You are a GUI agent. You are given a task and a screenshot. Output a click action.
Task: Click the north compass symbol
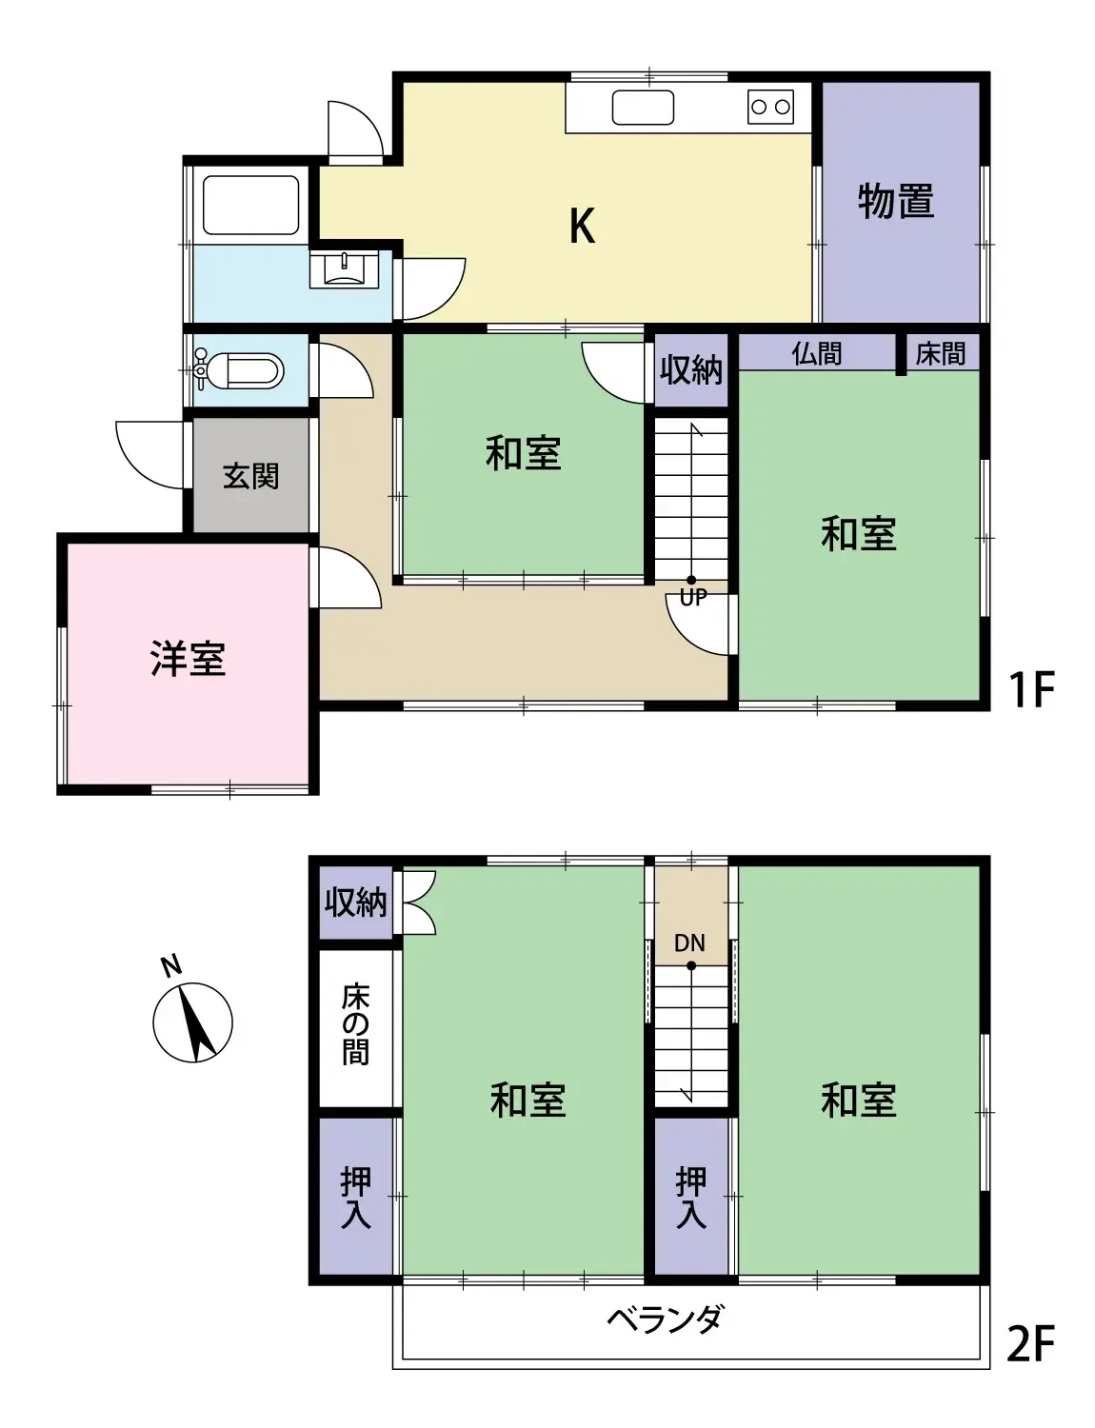(192, 1021)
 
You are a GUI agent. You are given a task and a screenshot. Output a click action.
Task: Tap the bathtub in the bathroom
(250, 205)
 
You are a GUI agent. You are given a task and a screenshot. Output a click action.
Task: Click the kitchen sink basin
(643, 108)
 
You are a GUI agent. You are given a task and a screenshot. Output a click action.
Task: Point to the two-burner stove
(770, 107)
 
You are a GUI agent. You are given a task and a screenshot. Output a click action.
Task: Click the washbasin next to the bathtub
(343, 269)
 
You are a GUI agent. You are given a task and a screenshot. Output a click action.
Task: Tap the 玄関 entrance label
(250, 476)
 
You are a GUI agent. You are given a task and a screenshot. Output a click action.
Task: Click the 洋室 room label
(188, 659)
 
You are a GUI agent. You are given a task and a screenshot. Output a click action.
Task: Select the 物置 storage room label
(895, 201)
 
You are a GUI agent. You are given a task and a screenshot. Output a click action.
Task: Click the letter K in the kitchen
(582, 227)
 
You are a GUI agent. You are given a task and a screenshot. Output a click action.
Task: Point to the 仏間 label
(816, 353)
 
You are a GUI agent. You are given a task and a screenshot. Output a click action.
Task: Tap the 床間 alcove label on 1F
(940, 353)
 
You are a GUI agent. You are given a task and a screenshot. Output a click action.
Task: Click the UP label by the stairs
(692, 597)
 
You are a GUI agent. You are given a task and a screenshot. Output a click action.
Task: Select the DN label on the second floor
(689, 942)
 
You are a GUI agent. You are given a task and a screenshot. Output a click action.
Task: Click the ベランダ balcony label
(665, 1319)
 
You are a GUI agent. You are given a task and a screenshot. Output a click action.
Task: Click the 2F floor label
(1030, 1344)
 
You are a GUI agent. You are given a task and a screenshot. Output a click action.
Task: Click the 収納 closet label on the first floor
(691, 369)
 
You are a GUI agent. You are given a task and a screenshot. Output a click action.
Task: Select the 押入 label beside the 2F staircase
(691, 1197)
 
